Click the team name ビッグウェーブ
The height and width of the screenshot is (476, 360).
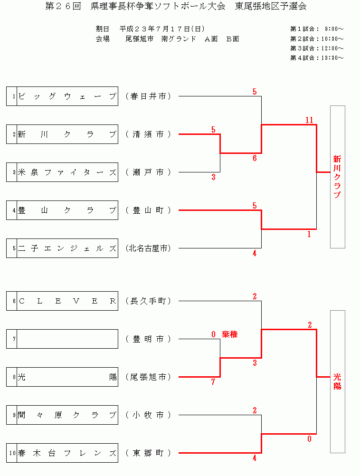coord(67,96)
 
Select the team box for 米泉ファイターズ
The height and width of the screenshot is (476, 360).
coord(67,172)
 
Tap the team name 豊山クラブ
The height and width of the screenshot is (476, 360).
coord(67,210)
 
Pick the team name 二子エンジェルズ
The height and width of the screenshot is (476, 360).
coord(67,248)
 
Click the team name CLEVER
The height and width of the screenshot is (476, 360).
coord(67,301)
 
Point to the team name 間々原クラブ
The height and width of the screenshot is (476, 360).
coord(67,415)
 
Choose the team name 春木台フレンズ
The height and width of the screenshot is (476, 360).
coord(67,453)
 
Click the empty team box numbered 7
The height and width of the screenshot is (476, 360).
coord(67,339)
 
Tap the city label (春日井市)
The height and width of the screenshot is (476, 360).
coord(148,96)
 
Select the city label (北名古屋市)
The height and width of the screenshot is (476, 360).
coord(148,248)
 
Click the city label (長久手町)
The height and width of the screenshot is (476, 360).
coord(148,301)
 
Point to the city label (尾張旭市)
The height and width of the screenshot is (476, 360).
coord(148,377)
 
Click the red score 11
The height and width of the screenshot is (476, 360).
coord(309,120)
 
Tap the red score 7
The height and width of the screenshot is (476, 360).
coord(213,382)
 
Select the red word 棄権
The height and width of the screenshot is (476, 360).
coord(229,334)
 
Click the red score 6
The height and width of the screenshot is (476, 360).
coord(255,158)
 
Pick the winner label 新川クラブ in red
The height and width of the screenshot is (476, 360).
coord(337,177)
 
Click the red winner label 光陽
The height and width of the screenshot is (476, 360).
coord(337,381)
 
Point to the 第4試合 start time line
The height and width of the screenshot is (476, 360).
coord(317,58)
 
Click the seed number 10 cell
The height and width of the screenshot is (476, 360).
coord(12,453)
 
